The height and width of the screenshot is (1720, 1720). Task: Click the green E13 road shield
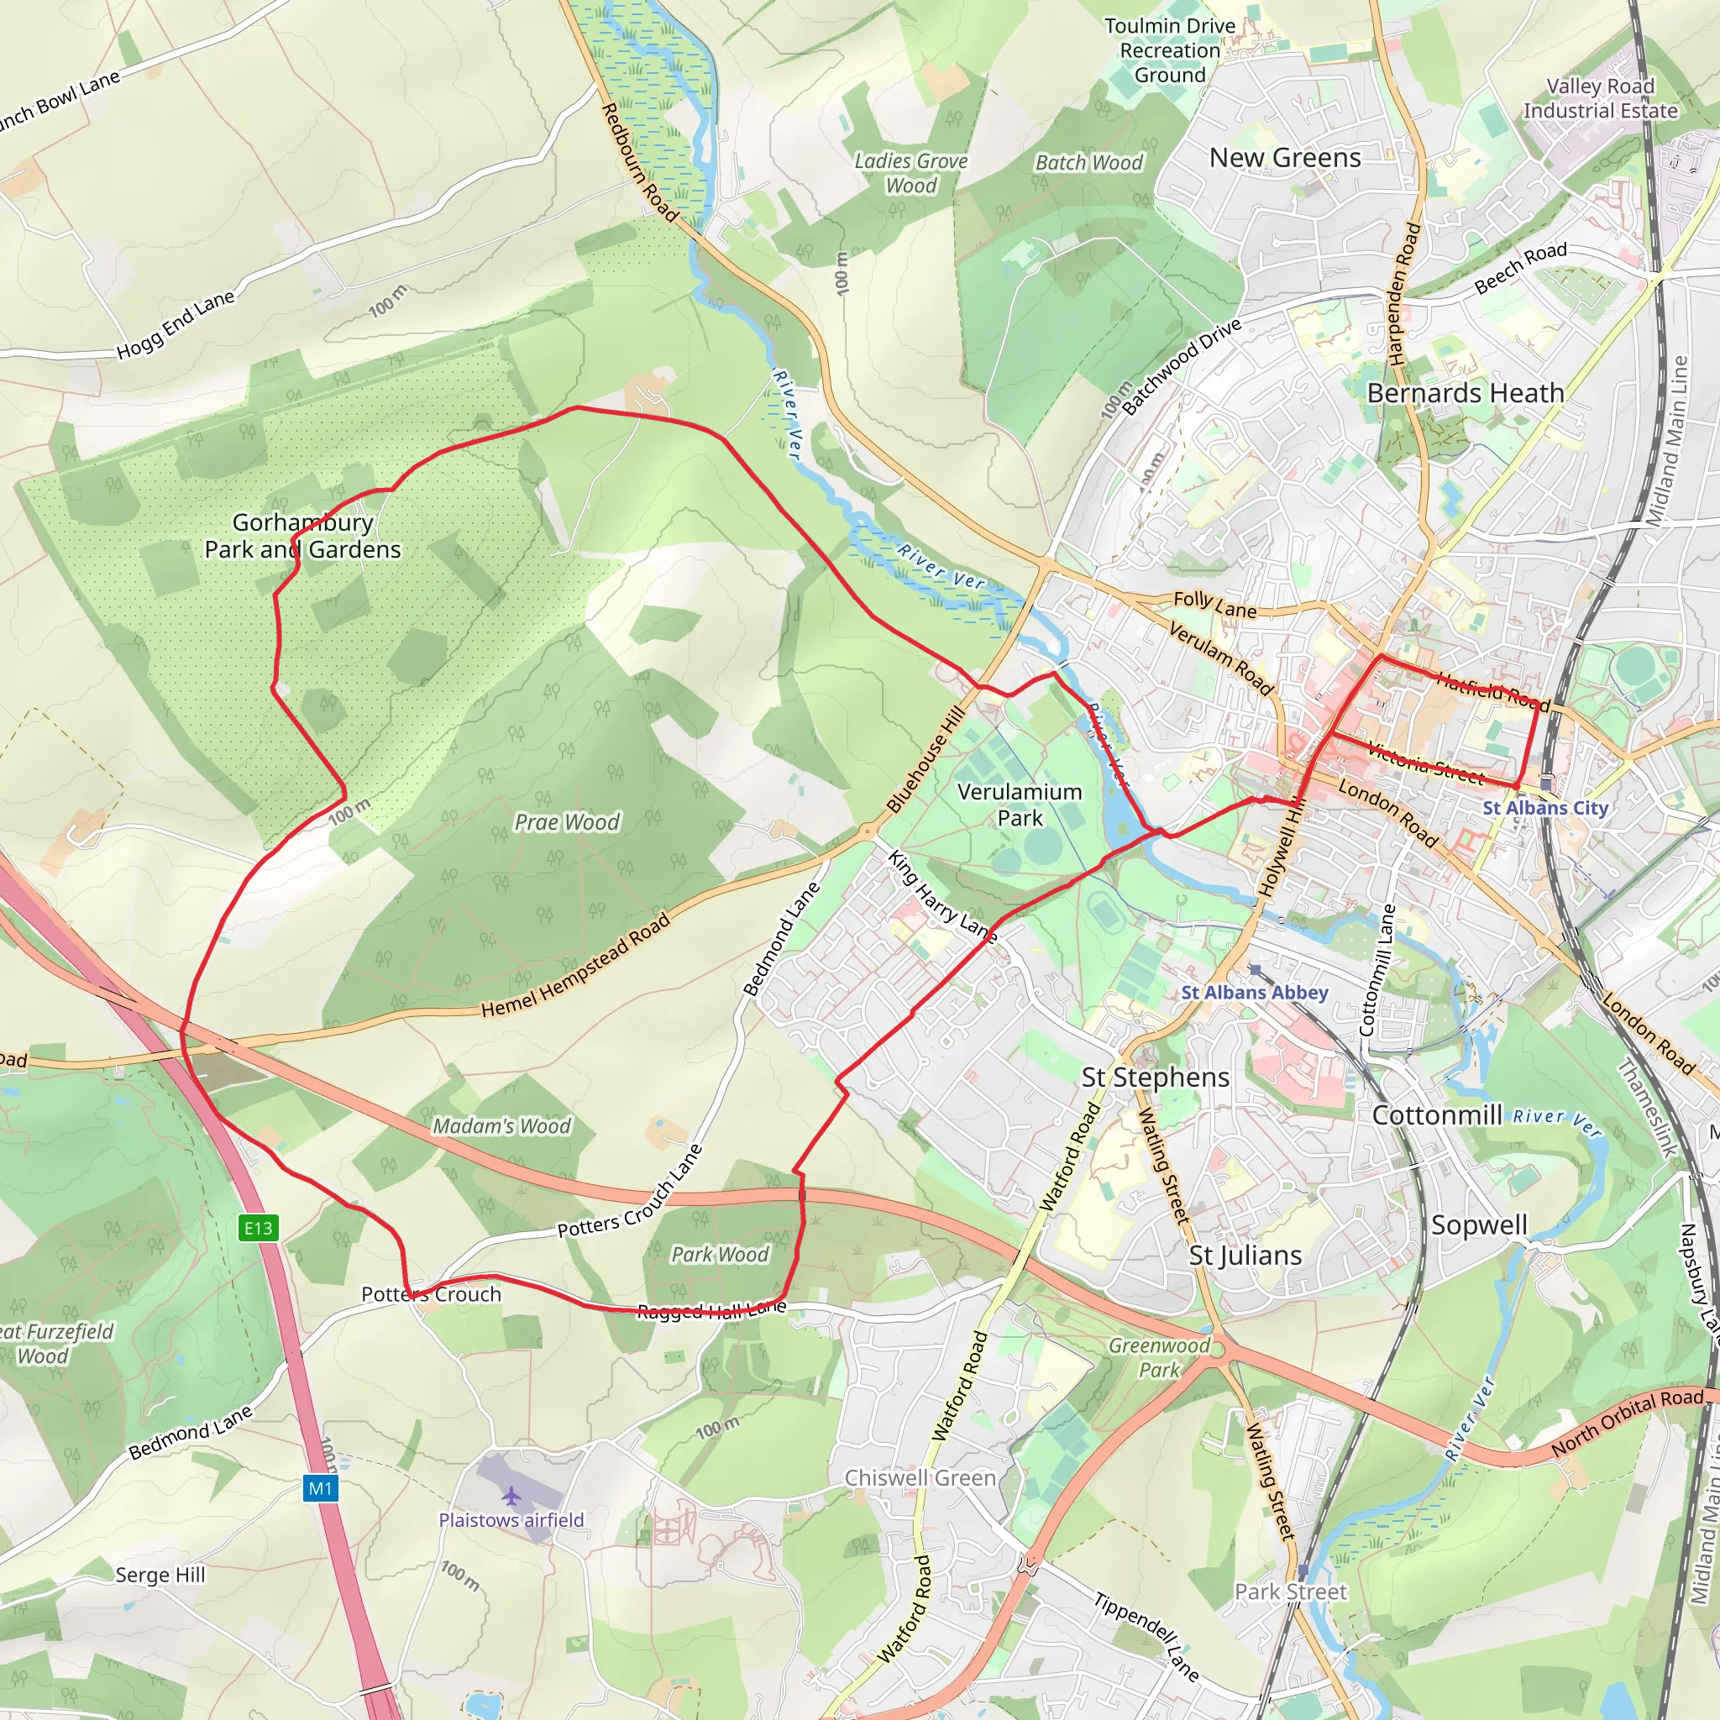point(258,1229)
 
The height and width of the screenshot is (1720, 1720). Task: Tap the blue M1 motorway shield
point(321,1487)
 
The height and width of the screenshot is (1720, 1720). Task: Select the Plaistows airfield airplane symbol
point(511,1495)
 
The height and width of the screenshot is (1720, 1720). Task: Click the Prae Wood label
point(567,821)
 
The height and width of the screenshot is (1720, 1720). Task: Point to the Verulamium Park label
point(1020,805)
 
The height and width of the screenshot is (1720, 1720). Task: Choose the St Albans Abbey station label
point(1255,992)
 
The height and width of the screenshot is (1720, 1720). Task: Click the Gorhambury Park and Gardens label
point(302,536)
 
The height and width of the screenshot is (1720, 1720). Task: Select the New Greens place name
point(1285,158)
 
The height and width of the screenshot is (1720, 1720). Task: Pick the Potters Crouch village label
point(431,1294)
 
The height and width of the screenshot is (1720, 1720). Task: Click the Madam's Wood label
point(501,1126)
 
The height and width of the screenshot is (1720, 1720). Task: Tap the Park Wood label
point(720,1255)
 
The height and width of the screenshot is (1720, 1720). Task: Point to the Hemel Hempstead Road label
point(575,966)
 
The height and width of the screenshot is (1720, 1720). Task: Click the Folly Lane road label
point(1214,606)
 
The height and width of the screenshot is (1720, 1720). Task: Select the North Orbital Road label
point(1627,1423)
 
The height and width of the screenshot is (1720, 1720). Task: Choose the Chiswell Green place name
point(920,1478)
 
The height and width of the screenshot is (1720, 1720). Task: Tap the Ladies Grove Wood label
point(910,173)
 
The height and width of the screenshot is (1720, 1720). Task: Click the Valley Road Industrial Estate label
point(1600,98)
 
